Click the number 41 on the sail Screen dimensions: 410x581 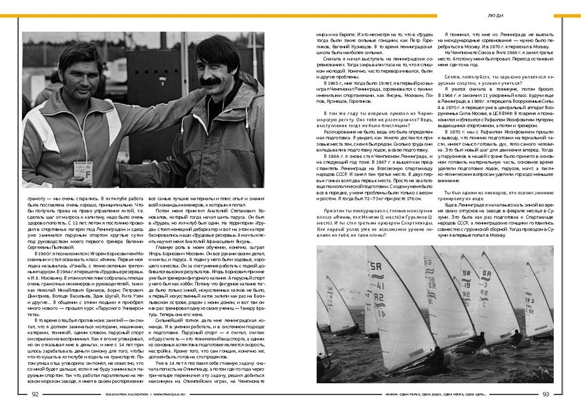coord(378,287)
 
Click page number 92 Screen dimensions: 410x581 coord(35,394)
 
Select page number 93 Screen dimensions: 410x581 coord(546,394)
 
